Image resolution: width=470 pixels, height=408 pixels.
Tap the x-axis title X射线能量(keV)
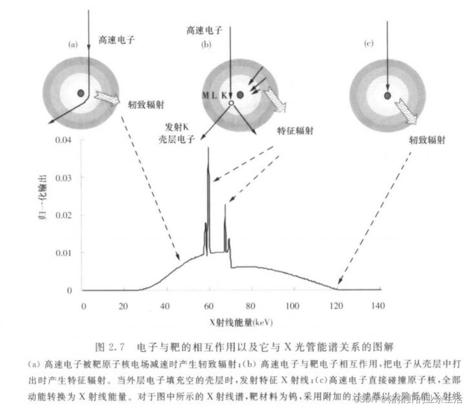pos(242,323)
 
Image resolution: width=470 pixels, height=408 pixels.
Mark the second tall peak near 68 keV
pos(225,205)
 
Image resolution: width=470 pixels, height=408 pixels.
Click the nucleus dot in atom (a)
pos(81,92)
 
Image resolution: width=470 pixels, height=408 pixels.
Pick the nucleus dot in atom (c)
pos(387,96)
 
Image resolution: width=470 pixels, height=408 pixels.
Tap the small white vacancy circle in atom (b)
pos(231,103)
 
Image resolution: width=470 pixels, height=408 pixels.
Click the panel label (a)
pos(73,45)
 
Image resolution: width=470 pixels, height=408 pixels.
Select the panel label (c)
pos(369,44)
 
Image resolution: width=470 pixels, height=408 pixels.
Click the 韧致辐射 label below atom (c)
pos(427,140)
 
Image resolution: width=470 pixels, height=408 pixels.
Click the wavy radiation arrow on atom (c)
pos(405,110)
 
